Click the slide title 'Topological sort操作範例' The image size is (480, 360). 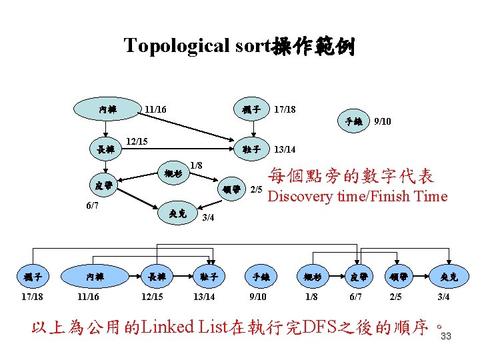pyautogui.click(x=239, y=47)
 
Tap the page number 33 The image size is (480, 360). pyautogui.click(x=446, y=336)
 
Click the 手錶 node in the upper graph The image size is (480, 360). pyautogui.click(x=353, y=122)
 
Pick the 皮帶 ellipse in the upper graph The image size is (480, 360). pyautogui.click(x=103, y=185)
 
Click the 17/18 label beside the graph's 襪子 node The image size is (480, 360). pyautogui.click(x=285, y=109)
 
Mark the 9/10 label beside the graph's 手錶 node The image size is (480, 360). pyautogui.click(x=383, y=122)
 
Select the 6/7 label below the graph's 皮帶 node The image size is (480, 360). pyautogui.click(x=93, y=205)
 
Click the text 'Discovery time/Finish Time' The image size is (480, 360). pyautogui.click(x=357, y=196)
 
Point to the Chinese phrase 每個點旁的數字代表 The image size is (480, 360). pyautogui.click(x=351, y=177)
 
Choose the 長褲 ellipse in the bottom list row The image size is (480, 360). pyautogui.click(x=158, y=276)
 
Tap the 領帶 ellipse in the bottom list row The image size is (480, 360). pyautogui.click(x=397, y=276)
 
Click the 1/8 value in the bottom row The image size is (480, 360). pyautogui.click(x=310, y=297)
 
